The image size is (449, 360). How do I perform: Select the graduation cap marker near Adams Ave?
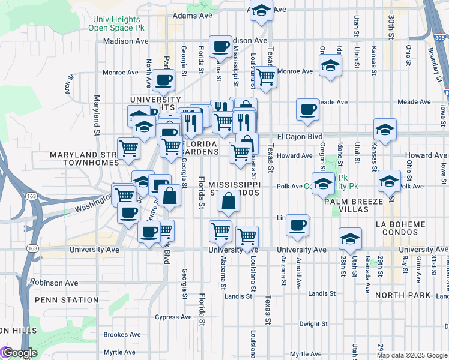pos(261,11)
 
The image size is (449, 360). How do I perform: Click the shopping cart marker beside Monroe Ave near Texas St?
pos(265,76)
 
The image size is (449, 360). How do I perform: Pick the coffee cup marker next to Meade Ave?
pos(307,110)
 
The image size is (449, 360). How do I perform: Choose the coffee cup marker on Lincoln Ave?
pos(297,226)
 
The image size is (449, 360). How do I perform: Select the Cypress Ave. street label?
pos(173,317)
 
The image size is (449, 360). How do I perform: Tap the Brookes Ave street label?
pos(122,334)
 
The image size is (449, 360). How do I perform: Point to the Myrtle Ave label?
pos(120,352)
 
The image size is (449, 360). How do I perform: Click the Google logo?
pos(19,353)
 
